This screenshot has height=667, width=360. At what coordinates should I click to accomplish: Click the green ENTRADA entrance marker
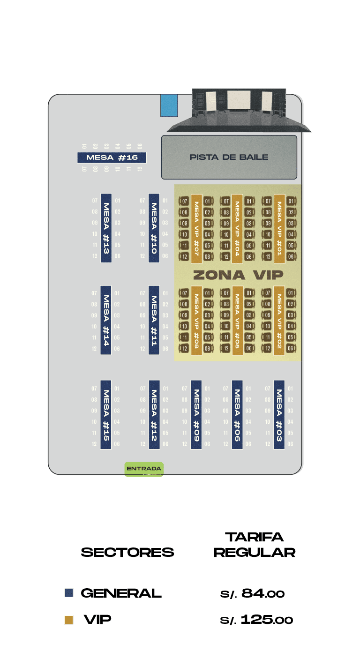(144, 469)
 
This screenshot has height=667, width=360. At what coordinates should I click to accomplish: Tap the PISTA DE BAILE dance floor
(229, 157)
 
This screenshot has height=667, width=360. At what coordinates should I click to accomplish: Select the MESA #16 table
(112, 157)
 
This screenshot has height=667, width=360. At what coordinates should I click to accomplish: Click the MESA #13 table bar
(106, 228)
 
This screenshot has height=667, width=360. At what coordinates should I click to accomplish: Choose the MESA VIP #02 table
(279, 320)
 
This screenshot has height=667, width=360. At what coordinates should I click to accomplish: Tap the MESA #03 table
(279, 414)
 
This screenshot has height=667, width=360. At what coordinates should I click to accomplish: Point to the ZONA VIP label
(238, 275)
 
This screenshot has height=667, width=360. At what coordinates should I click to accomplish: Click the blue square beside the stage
(169, 105)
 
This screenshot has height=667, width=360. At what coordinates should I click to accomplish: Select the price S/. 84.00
(252, 593)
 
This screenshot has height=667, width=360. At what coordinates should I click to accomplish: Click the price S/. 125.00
(256, 620)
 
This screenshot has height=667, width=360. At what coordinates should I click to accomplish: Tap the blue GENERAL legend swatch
(69, 593)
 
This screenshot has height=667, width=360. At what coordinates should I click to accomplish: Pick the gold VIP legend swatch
(69, 620)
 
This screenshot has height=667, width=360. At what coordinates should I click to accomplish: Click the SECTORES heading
(127, 552)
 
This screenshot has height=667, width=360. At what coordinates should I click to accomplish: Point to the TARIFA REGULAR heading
(255, 544)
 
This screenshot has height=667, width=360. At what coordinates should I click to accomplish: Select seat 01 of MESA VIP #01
(292, 201)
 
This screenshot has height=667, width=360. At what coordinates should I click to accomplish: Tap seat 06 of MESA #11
(165, 349)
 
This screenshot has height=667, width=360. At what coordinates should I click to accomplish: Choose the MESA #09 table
(196, 414)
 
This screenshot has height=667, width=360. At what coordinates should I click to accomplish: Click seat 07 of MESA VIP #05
(226, 293)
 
